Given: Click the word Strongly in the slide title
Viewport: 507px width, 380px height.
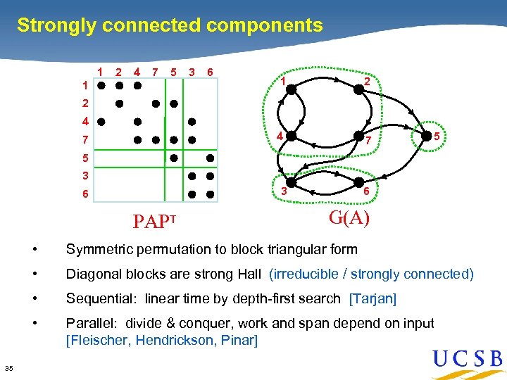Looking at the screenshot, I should pyautogui.click(x=57, y=26).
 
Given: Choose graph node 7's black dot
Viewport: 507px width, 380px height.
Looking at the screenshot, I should pyautogui.click(x=358, y=136).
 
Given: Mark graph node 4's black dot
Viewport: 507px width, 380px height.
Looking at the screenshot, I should pyautogui.click(x=292, y=135).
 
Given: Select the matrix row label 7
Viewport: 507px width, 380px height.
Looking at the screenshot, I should pyautogui.click(x=84, y=139).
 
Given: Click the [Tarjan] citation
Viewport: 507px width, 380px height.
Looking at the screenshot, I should pyautogui.click(x=373, y=299).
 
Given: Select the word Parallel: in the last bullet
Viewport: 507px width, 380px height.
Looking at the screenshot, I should pyautogui.click(x=92, y=324).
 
